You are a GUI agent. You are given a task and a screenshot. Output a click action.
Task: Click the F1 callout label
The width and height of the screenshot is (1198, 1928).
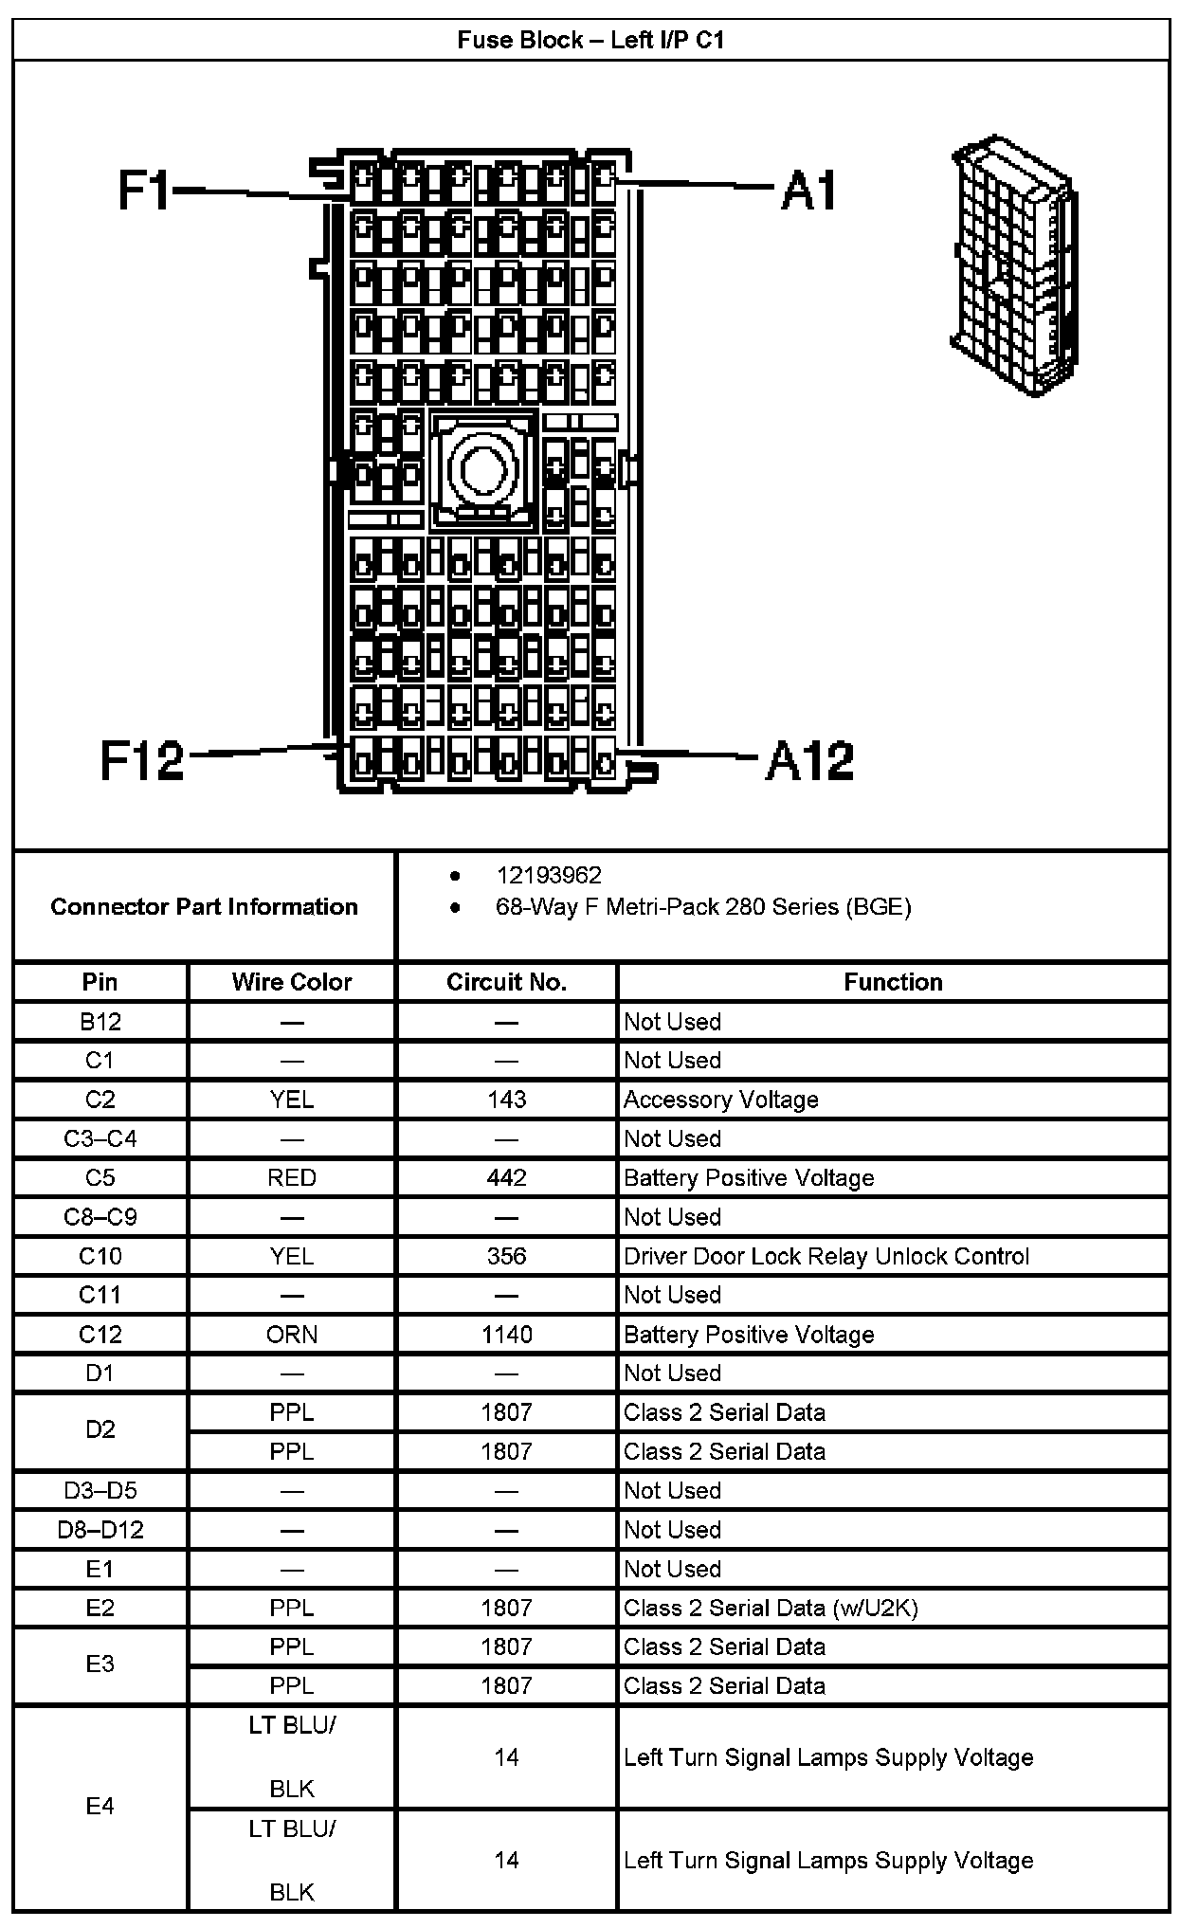(143, 190)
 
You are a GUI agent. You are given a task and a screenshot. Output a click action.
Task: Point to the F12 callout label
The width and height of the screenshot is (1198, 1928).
(142, 760)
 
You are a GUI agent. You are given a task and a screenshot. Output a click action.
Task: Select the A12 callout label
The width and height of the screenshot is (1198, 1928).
(809, 761)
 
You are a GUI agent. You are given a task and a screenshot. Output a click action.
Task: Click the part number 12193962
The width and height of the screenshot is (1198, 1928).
(549, 875)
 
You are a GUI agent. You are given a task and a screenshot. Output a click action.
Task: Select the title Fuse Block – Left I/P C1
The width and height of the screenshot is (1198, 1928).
(590, 40)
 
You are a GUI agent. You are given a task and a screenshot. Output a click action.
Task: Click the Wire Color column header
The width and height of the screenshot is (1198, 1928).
(291, 982)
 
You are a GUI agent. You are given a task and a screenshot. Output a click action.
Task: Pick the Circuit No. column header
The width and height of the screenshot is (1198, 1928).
(506, 982)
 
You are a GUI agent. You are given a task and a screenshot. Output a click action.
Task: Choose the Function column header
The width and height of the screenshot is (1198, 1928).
(893, 982)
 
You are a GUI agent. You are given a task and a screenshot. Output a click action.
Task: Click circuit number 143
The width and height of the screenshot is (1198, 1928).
(506, 1100)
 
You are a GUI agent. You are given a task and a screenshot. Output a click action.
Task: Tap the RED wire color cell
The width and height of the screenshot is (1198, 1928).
(291, 1177)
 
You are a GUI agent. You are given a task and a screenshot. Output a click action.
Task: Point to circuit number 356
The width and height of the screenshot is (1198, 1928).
(506, 1256)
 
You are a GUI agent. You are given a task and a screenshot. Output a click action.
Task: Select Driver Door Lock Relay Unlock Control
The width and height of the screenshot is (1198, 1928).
(826, 1256)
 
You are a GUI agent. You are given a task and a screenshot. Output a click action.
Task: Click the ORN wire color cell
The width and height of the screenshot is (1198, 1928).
(291, 1335)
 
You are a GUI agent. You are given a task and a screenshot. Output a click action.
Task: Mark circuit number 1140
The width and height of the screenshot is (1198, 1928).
(506, 1335)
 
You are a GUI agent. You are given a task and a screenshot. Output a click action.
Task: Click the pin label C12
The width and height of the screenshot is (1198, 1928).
(100, 1335)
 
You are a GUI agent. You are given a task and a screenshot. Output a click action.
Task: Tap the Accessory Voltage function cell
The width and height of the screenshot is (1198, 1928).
(720, 1100)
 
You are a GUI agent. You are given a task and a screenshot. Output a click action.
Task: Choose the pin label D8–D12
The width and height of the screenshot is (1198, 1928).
(100, 1530)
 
